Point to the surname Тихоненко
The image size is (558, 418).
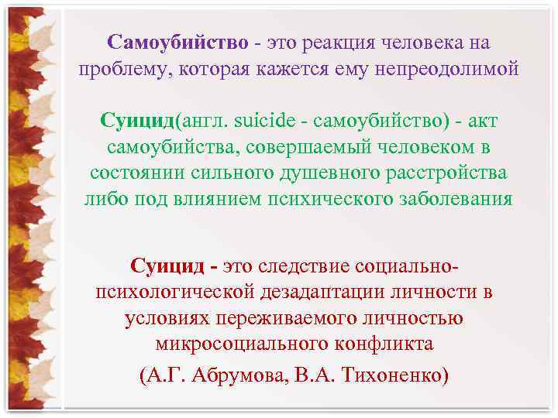coord(395,375)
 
